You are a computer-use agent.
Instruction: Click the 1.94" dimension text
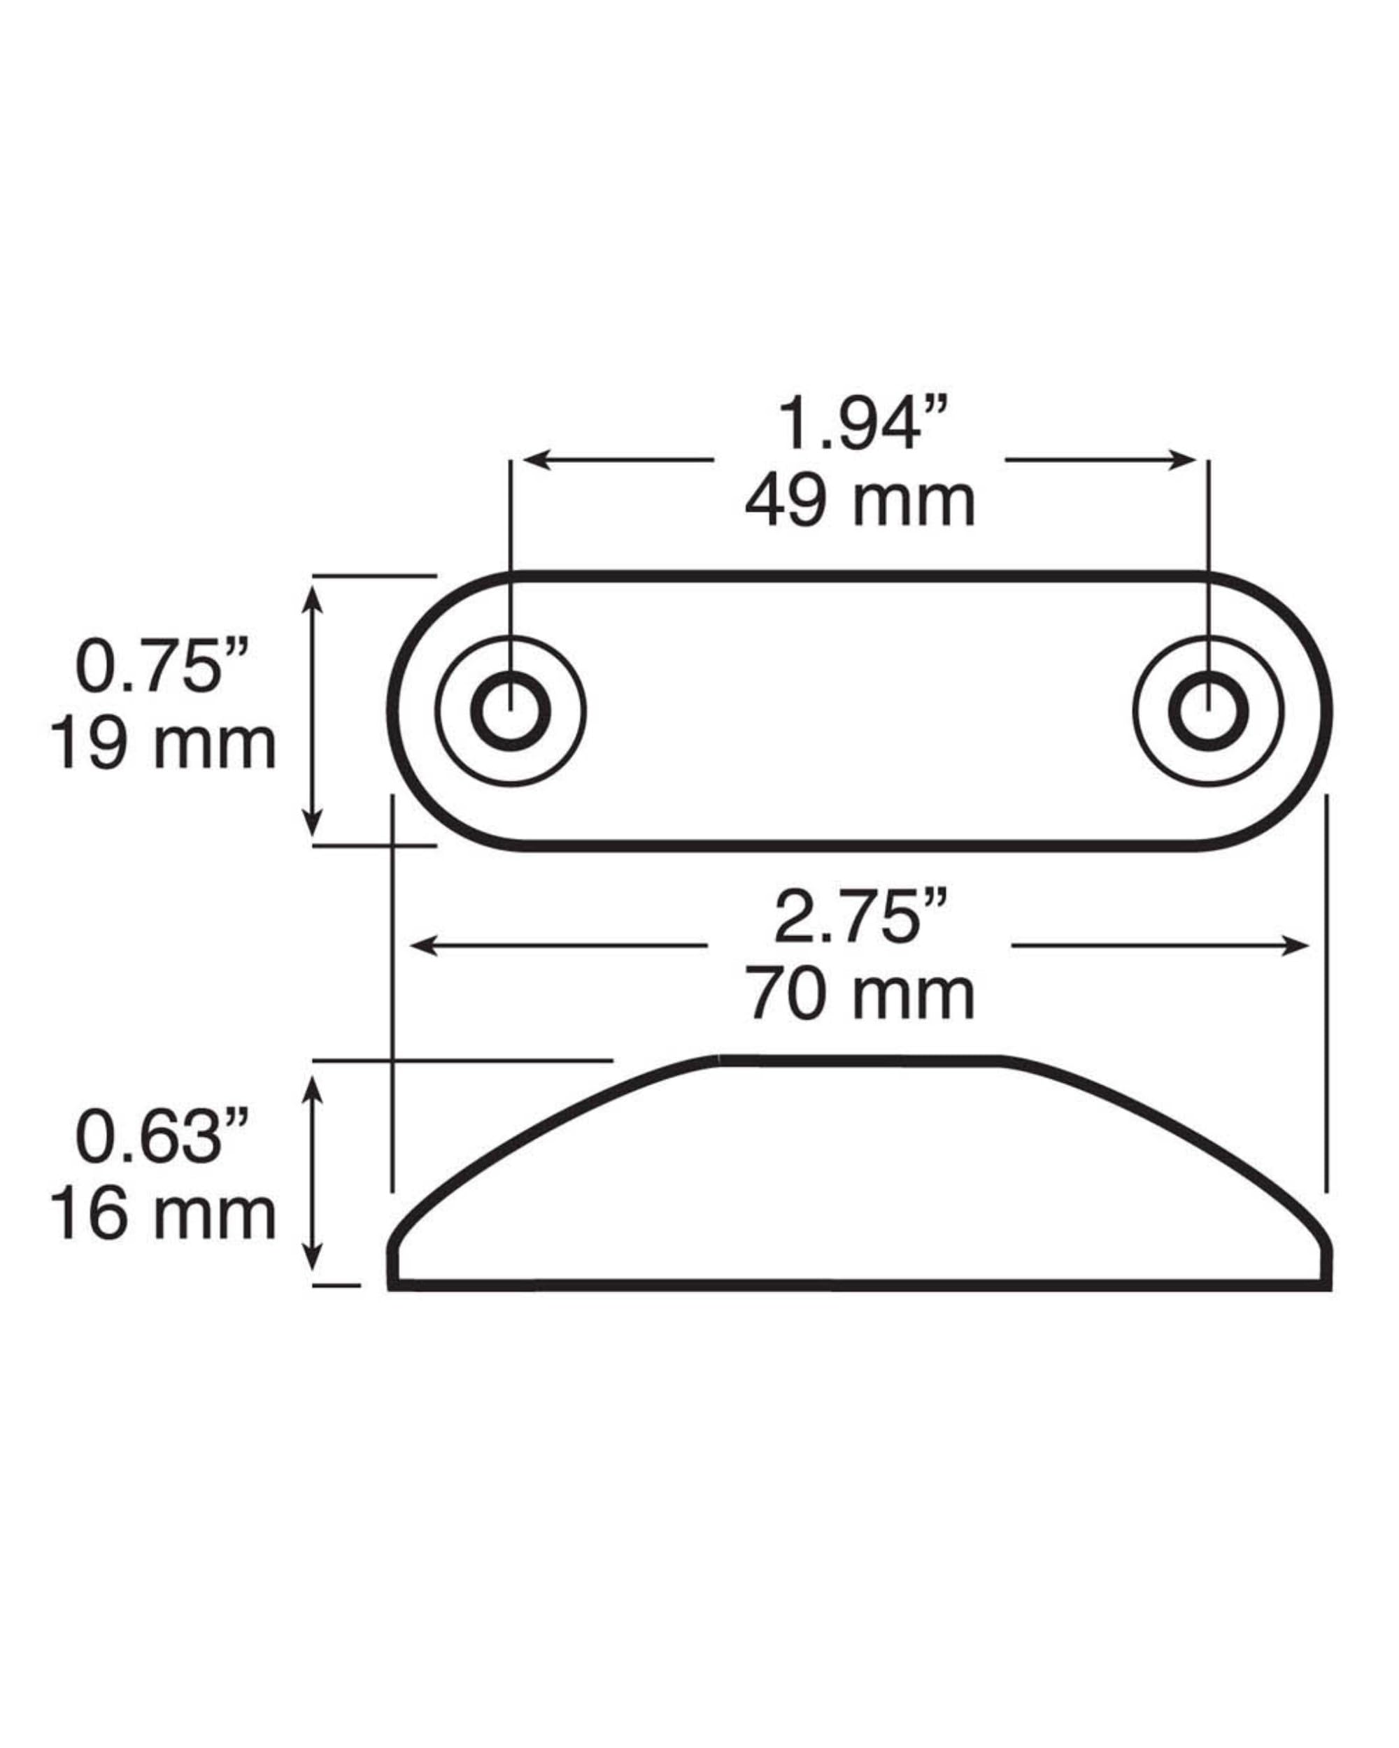pos(861,425)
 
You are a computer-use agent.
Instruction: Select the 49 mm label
pos(860,503)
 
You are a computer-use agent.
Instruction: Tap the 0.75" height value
pos(162,667)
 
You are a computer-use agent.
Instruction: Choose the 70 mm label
pos(860,996)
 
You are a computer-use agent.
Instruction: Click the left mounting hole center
pos(510,711)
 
